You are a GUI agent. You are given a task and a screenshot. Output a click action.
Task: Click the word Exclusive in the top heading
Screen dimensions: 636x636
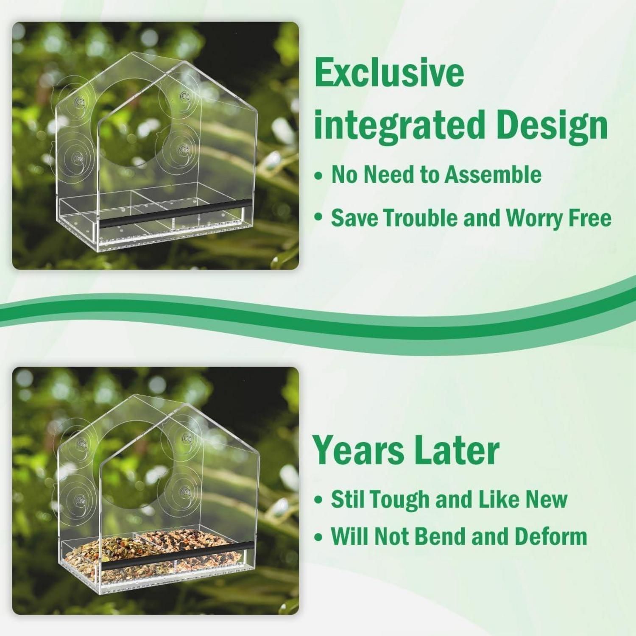pyautogui.click(x=389, y=73)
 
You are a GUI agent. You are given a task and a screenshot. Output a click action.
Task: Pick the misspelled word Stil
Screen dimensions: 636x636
pyautogui.click(x=346, y=499)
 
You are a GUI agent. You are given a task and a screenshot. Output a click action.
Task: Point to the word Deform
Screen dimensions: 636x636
pyautogui.click(x=551, y=536)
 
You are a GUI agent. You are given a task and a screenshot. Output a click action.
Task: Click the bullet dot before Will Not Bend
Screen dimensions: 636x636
pyautogui.click(x=319, y=537)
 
